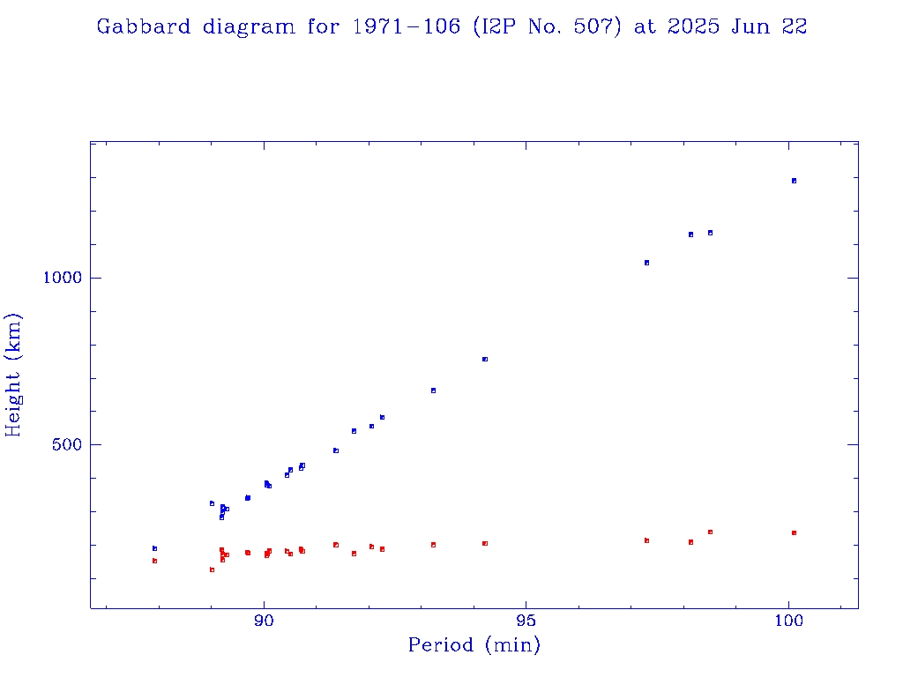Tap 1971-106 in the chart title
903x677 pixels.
tap(406, 26)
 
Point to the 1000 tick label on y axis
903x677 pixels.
tap(62, 278)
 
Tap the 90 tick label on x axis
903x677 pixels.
tap(264, 622)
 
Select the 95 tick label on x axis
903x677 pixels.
tap(526, 622)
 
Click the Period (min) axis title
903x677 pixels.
tap(474, 645)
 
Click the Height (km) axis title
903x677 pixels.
tap(14, 375)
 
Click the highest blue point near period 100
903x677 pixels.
tap(794, 181)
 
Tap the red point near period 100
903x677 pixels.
tap(794, 532)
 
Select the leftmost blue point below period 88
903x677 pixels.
tap(154, 548)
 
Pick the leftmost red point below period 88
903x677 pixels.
tap(154, 561)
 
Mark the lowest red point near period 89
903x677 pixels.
tap(212, 569)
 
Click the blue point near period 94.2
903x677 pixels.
tap(485, 359)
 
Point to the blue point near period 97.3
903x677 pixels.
tap(646, 263)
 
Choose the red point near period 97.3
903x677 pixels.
tap(646, 540)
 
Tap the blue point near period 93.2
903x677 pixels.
tap(433, 390)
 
